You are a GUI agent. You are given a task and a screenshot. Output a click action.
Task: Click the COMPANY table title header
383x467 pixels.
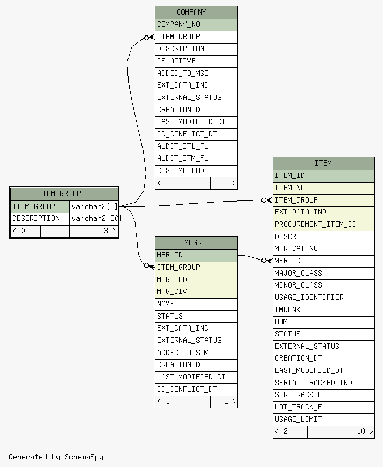click(x=196, y=12)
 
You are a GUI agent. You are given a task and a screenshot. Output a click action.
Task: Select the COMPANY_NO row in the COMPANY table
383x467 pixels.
click(x=196, y=25)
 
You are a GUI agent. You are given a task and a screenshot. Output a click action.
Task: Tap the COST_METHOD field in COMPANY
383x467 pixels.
click(x=196, y=171)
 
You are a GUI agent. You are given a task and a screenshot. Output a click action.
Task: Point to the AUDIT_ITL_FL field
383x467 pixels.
click(x=196, y=146)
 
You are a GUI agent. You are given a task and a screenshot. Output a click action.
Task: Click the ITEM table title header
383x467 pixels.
click(x=323, y=163)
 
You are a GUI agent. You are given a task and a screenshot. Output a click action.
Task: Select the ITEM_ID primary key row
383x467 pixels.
click(x=323, y=176)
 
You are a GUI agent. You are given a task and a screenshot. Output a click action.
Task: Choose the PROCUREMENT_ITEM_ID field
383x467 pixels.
click(x=323, y=225)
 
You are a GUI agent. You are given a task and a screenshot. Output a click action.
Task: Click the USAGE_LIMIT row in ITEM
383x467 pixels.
click(x=323, y=420)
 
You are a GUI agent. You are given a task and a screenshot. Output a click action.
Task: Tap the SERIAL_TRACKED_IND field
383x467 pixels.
click(x=323, y=383)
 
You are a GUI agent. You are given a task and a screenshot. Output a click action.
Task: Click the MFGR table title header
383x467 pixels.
click(x=196, y=243)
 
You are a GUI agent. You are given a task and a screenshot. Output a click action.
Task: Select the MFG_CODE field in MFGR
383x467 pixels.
click(x=196, y=279)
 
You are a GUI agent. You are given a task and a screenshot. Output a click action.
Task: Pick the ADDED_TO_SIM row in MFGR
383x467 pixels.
click(x=196, y=353)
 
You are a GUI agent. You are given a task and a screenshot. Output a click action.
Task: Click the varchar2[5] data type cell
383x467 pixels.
click(x=94, y=206)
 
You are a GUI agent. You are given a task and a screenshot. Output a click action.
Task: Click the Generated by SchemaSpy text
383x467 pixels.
click(x=56, y=457)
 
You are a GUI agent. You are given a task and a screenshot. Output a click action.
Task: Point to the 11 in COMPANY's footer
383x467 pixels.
click(x=223, y=183)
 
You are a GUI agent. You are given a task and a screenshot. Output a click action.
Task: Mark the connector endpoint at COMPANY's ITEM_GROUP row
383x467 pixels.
click(x=148, y=37)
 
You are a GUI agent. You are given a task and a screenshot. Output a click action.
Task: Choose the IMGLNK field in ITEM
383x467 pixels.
click(x=323, y=310)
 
